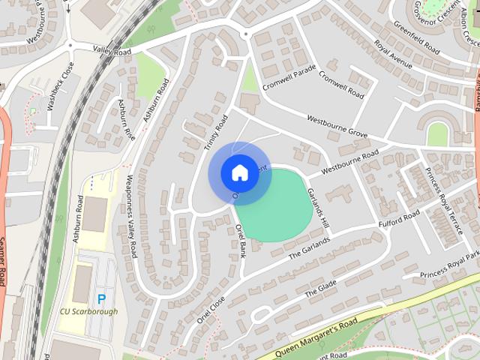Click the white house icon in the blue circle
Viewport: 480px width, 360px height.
[239, 172]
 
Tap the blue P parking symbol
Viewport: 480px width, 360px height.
[102, 298]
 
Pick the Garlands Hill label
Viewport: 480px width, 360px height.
[318, 208]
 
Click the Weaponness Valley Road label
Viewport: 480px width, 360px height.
[130, 216]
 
